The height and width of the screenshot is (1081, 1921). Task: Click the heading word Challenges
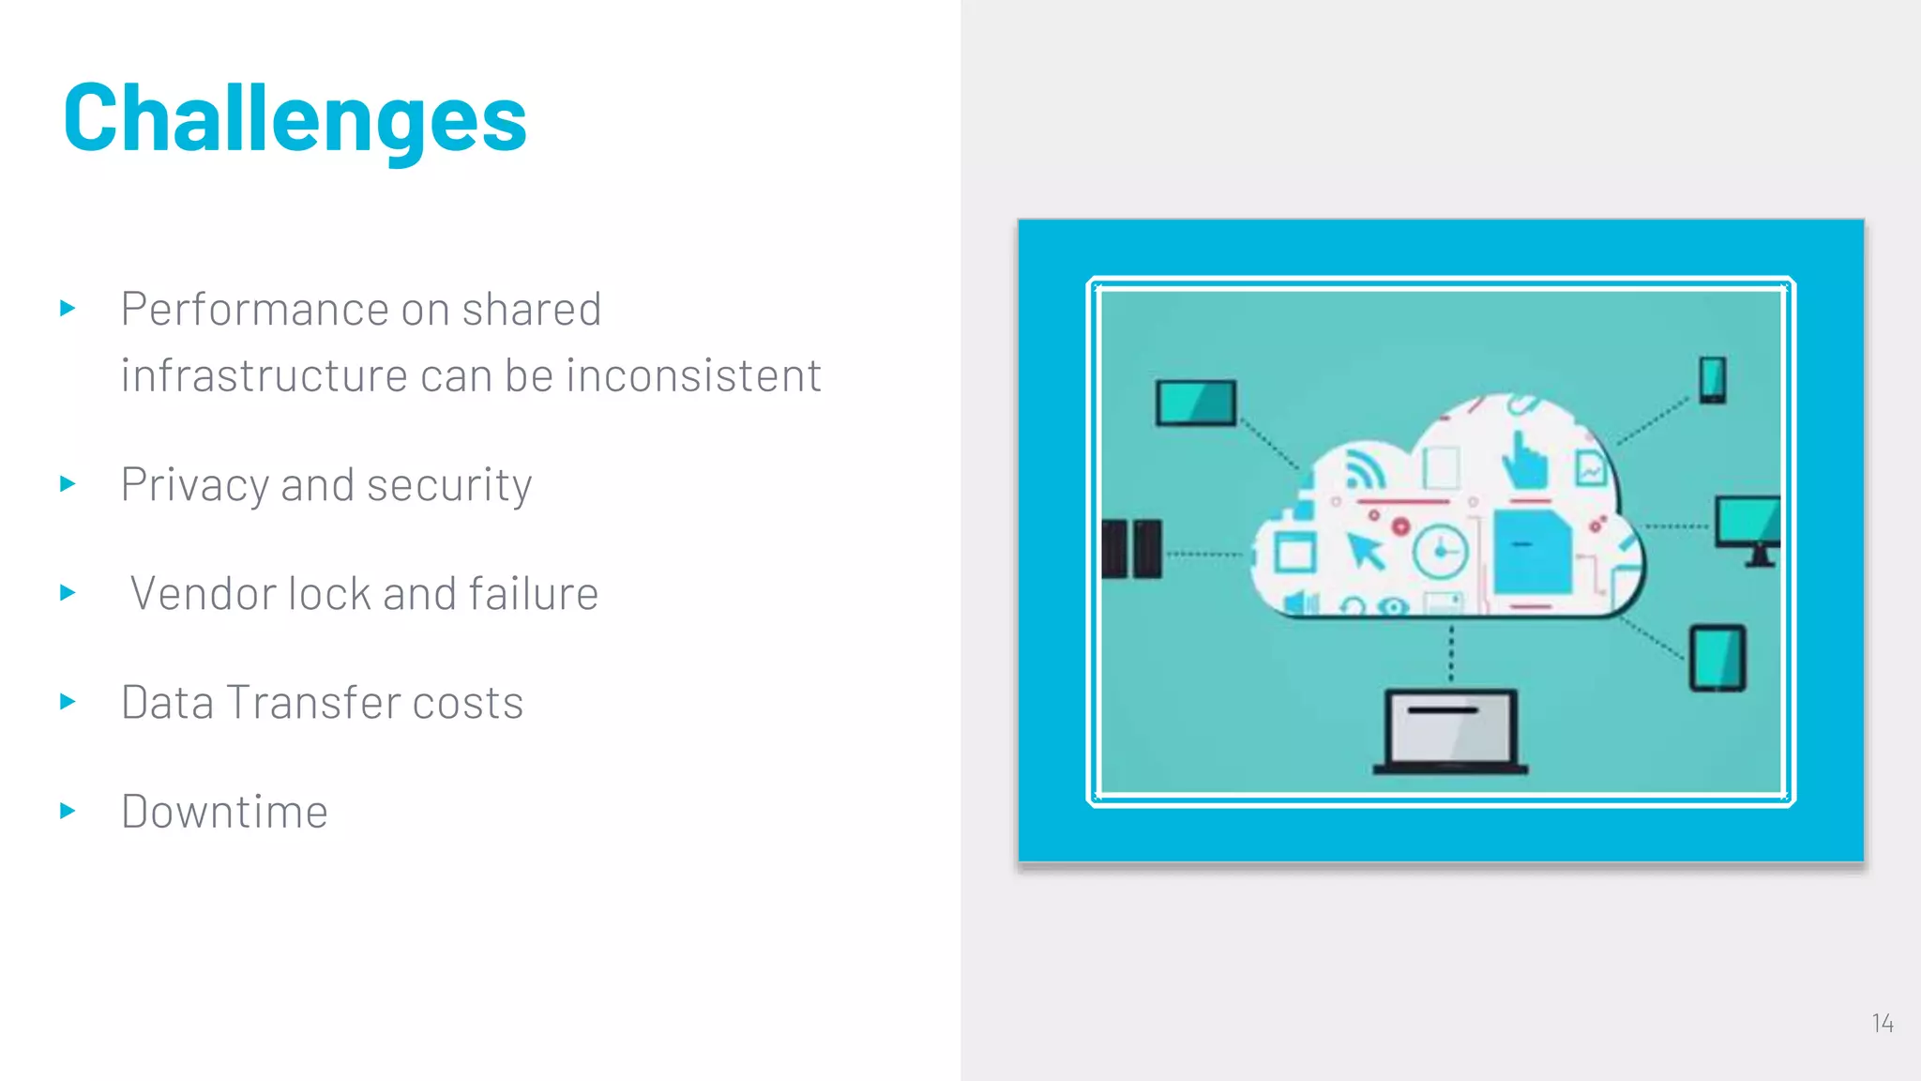295,118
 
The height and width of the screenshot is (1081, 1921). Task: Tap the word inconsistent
694,376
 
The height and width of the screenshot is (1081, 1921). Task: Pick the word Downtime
225,812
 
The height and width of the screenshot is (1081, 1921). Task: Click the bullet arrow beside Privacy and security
68,484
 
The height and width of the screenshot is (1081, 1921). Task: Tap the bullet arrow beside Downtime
68,811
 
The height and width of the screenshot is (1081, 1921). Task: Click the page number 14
1882,1023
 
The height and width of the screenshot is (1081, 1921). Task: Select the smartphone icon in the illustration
1713,380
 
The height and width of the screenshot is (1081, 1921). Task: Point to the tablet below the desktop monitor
1717,659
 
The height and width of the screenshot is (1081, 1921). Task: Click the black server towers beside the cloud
1132,549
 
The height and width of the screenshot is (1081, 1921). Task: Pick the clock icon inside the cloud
1440,552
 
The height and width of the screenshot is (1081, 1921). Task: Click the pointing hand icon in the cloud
1524,461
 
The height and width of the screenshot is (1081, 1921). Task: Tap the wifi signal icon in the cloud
1365,469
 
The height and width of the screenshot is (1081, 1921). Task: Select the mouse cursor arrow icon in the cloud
1366,551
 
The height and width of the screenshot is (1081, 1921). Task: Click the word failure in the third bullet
533,594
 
